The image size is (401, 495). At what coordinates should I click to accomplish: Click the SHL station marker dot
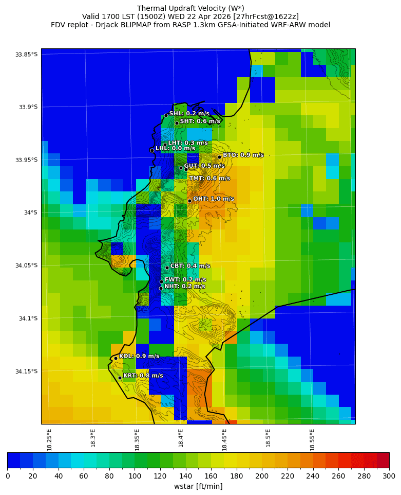point(166,115)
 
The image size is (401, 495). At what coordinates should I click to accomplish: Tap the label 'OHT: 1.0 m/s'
point(214,199)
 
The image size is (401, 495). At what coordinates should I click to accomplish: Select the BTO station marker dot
point(219,157)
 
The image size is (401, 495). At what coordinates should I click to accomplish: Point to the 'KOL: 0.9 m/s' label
point(139,356)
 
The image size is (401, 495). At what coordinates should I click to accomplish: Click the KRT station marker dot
point(120,378)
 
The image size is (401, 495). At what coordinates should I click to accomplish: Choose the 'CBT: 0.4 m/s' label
point(190,266)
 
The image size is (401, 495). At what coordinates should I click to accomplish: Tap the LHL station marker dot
point(152,150)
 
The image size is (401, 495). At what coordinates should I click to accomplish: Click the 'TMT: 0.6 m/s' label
point(209,178)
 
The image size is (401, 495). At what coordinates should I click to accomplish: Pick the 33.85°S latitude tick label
point(27,55)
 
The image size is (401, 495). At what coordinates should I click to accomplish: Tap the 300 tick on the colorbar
point(389,476)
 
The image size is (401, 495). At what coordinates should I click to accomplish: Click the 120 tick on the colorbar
point(160,476)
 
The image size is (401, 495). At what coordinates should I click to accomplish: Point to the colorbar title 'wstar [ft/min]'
point(198,486)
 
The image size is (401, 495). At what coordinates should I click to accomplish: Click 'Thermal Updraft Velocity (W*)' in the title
point(190,8)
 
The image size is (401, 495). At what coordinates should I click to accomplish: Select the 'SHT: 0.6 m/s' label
point(200,121)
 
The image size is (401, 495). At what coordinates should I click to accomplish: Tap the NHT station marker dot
point(161,288)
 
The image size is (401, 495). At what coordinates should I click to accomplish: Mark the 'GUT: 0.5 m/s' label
point(204,166)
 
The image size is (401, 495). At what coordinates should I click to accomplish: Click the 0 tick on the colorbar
point(8,476)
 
